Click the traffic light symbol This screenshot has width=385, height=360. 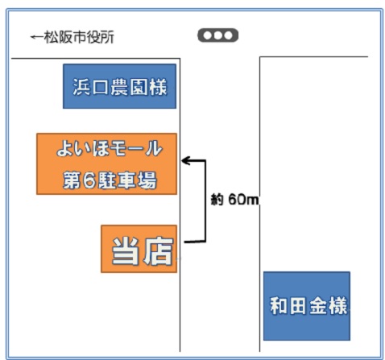[x=217, y=35]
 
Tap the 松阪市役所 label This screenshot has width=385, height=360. [x=79, y=37]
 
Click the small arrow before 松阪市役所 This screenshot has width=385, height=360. [x=36, y=37]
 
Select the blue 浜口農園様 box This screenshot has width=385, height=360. [x=119, y=86]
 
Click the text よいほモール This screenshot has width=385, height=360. [x=110, y=148]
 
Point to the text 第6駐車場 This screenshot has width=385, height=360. [x=110, y=180]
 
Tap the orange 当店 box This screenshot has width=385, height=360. [x=139, y=249]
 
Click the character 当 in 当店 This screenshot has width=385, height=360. [x=126, y=250]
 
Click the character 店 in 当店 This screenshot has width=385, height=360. [x=158, y=250]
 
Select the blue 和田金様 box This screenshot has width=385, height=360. [x=307, y=306]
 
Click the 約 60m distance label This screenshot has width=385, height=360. [x=234, y=200]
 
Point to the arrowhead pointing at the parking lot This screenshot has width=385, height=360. [x=186, y=161]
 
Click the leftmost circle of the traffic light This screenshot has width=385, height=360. [x=207, y=35]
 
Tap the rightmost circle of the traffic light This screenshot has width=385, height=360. [x=228, y=35]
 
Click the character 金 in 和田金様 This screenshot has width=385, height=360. [x=318, y=305]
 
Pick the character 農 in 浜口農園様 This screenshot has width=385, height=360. [x=119, y=87]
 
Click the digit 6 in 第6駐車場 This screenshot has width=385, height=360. [x=89, y=180]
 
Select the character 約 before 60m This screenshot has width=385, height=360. [x=217, y=200]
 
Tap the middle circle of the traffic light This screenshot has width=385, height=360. [x=217, y=35]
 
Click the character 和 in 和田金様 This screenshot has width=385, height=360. [x=279, y=305]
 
